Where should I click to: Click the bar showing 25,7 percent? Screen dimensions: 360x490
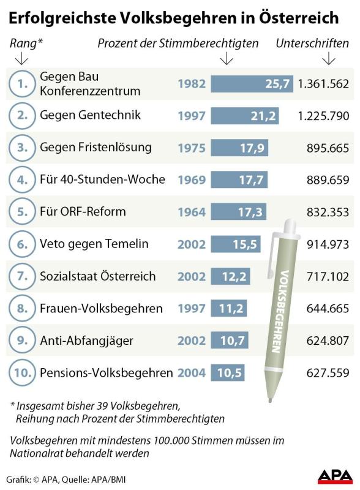point(252,84)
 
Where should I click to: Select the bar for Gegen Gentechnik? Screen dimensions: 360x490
point(245,116)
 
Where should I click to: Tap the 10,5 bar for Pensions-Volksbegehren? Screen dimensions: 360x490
point(228,372)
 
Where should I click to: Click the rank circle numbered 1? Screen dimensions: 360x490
point(22,84)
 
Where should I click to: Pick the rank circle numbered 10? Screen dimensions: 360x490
point(22,372)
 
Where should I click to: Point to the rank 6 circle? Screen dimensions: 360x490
point(22,244)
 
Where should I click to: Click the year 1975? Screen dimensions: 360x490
point(192,148)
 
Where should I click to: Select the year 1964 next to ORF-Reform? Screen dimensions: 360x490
point(192,212)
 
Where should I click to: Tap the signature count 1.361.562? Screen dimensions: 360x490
point(323,84)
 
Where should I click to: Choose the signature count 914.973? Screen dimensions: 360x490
point(328,244)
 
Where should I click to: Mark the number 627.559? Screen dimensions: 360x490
point(328,372)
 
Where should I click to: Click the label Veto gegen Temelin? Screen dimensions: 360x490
point(94,244)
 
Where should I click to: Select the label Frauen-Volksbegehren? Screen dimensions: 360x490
point(101,309)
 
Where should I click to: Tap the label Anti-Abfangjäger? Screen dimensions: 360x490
point(86,341)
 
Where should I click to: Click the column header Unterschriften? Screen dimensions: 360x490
point(312,43)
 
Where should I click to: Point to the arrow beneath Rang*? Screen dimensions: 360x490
point(21,58)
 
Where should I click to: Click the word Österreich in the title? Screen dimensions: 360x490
point(299,18)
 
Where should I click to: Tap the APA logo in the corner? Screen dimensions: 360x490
point(336,477)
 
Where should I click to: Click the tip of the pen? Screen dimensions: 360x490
point(271,400)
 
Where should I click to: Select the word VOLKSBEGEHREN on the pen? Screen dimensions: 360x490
point(280,311)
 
